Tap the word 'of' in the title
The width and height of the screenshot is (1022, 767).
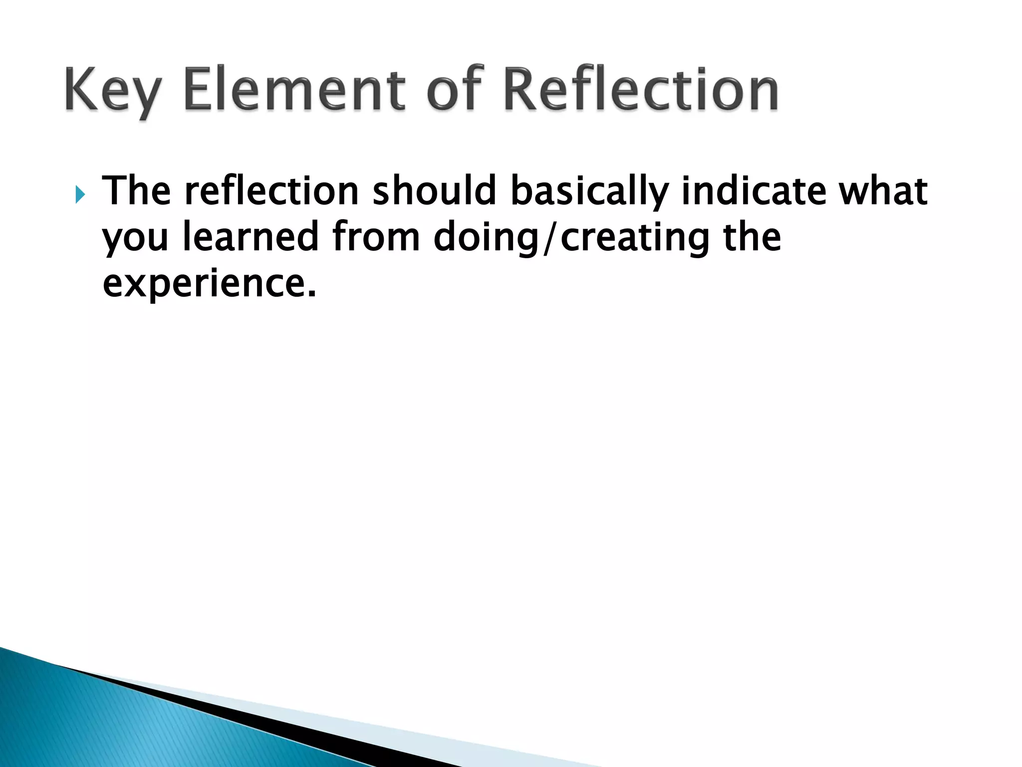456,90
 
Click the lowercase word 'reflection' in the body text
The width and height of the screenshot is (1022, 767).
271,191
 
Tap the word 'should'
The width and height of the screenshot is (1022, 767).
434,191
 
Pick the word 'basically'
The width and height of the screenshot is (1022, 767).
589,192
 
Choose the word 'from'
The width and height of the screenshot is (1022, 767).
376,237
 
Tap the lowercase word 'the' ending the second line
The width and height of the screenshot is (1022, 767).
752,237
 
